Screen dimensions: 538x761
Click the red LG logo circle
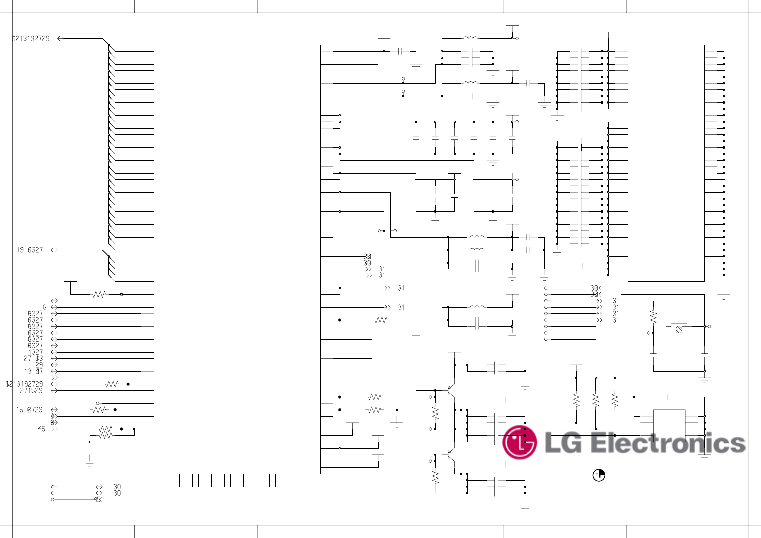tap(520, 442)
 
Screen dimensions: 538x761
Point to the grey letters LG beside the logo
tap(563, 443)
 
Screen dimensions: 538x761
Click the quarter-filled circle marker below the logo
tap(599, 475)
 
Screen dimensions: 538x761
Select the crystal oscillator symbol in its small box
tap(679, 329)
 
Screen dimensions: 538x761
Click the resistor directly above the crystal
tap(653, 316)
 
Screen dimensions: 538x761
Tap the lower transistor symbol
tap(451, 455)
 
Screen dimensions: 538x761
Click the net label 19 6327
tap(30, 250)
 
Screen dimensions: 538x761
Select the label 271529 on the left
tap(31, 391)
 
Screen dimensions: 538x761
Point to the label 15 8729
tap(29, 410)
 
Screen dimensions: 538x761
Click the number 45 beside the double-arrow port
tap(42, 429)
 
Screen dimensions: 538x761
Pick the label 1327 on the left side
tap(35, 352)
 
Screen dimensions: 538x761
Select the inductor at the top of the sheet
tap(470, 38)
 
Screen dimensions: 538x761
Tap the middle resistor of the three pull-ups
tap(596, 400)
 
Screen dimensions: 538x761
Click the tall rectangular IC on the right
tap(666, 163)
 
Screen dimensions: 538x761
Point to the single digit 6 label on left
tap(44, 307)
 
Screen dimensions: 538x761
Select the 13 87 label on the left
tap(34, 371)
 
